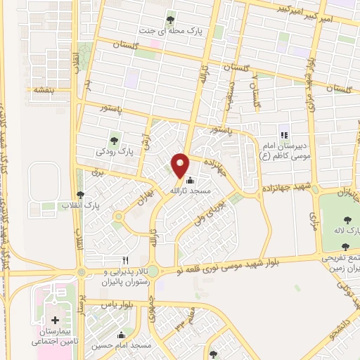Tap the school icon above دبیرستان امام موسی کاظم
pyautogui.click(x=284, y=135)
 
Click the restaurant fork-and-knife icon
pyautogui.click(x=126, y=259)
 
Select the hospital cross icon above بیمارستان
pyautogui.click(x=56, y=321)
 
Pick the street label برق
pyautogui.click(x=98, y=172)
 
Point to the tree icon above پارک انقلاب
pyautogui.click(x=79, y=195)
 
